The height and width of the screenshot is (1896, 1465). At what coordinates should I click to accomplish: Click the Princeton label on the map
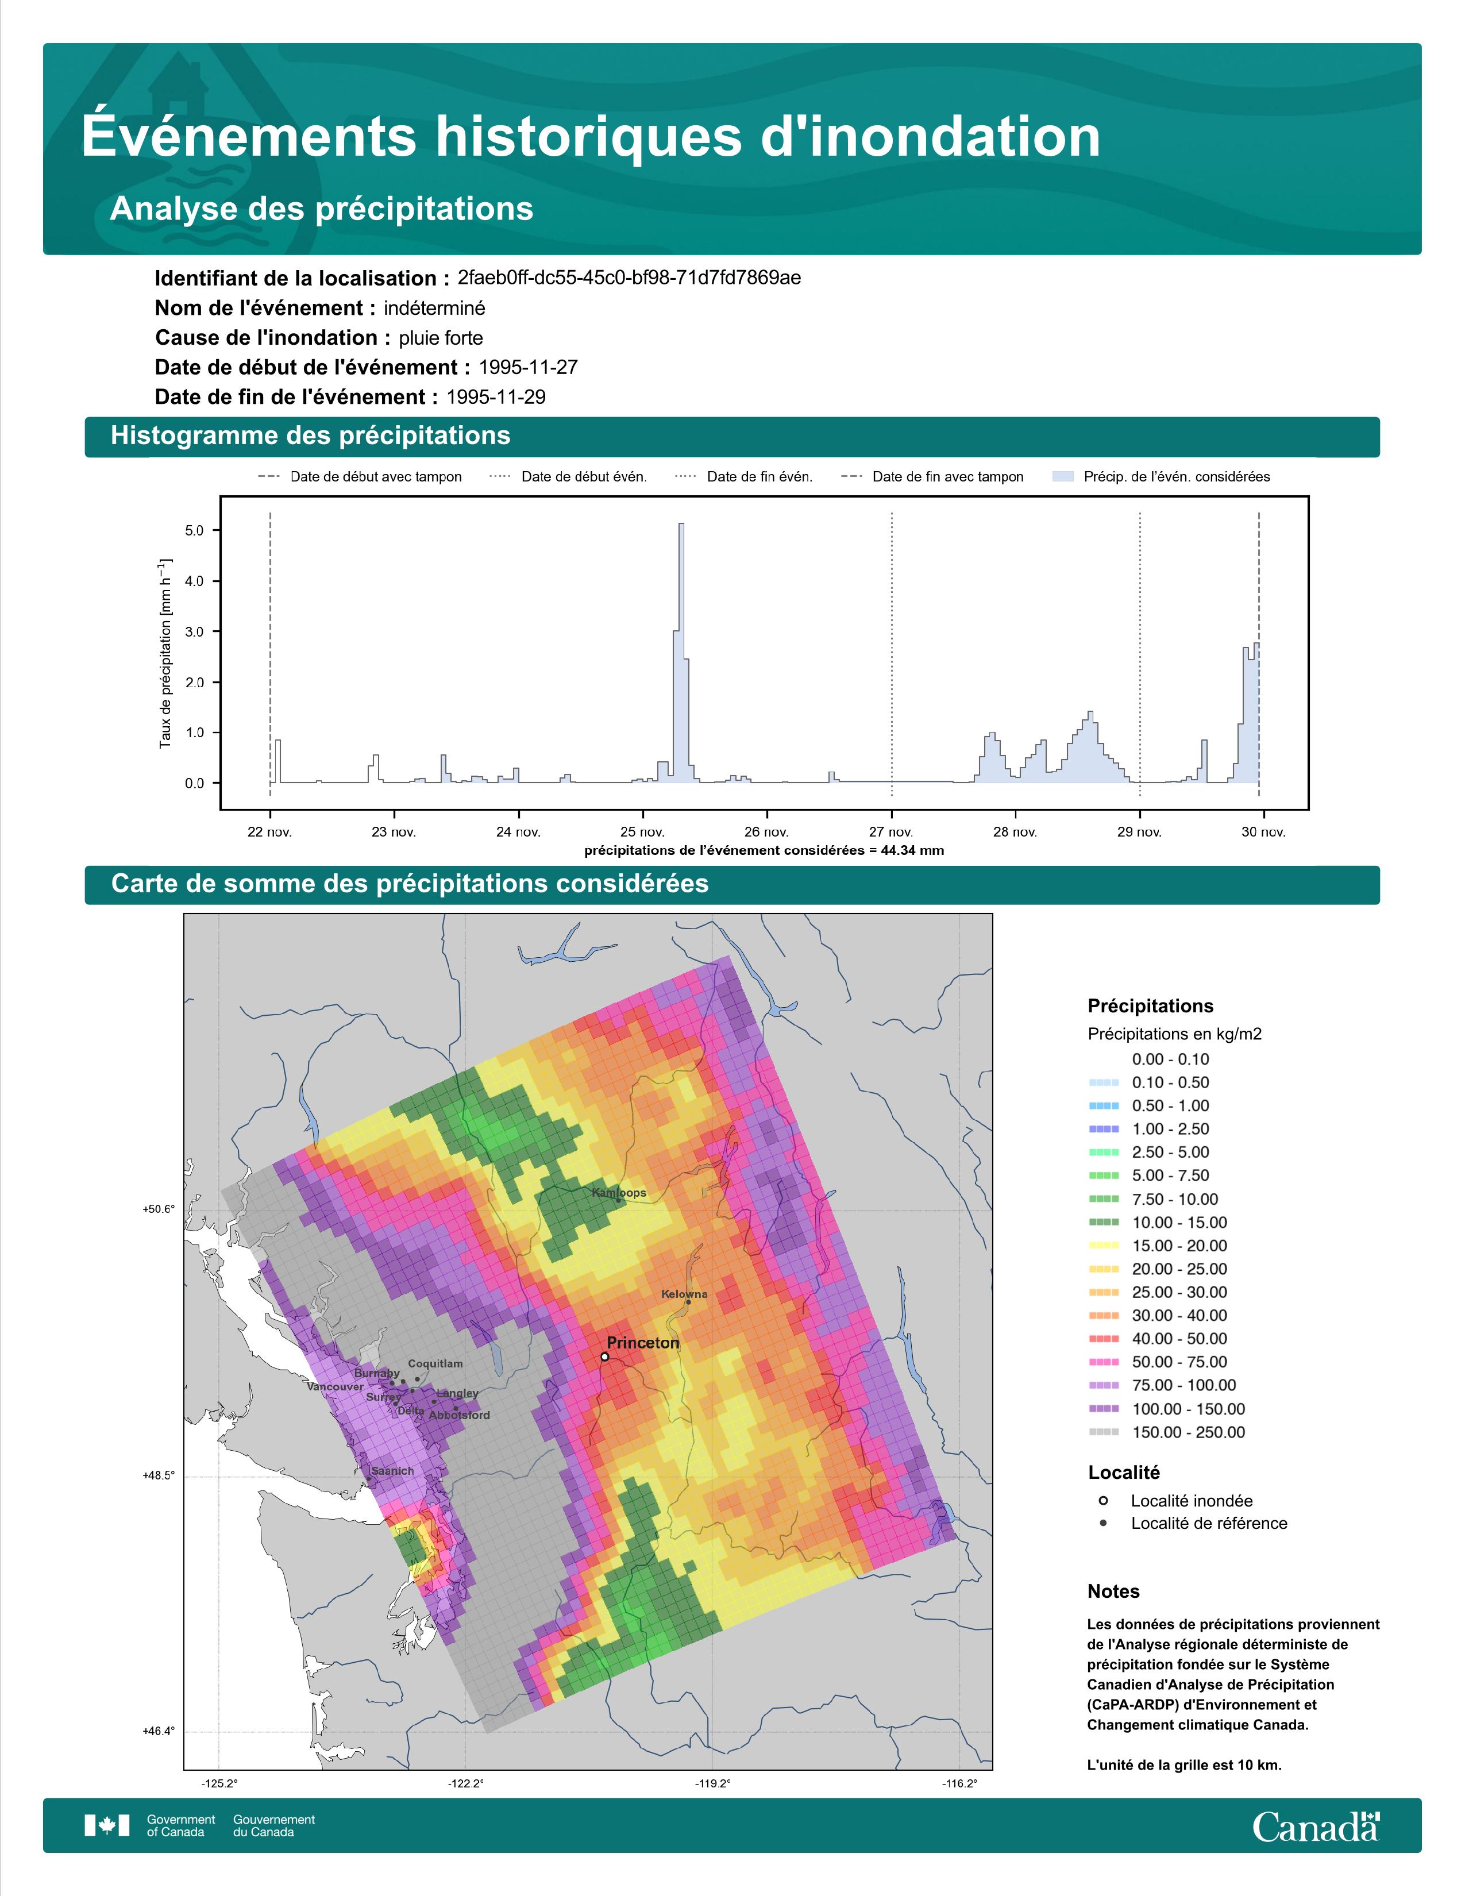[x=642, y=1343]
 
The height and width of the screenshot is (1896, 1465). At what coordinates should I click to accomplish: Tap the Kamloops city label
[x=619, y=1193]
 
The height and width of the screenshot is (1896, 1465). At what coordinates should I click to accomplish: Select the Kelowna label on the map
[x=684, y=1293]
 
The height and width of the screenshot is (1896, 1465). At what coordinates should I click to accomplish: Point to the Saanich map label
[x=392, y=1471]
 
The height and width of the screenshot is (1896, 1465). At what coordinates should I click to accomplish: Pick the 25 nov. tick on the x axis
[x=643, y=832]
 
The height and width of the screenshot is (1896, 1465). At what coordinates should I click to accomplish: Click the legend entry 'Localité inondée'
[x=1192, y=1501]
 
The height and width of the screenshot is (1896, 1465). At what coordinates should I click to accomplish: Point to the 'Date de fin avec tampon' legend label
[x=948, y=477]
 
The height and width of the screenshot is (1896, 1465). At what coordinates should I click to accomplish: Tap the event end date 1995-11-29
[x=496, y=397]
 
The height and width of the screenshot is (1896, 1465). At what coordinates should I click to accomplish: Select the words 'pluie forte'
[x=441, y=338]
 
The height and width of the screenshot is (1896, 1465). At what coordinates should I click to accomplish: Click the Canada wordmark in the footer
[x=1316, y=1828]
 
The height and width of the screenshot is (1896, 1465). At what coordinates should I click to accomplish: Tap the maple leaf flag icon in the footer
[x=107, y=1826]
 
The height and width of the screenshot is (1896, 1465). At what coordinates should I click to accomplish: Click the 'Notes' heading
[x=1113, y=1591]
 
